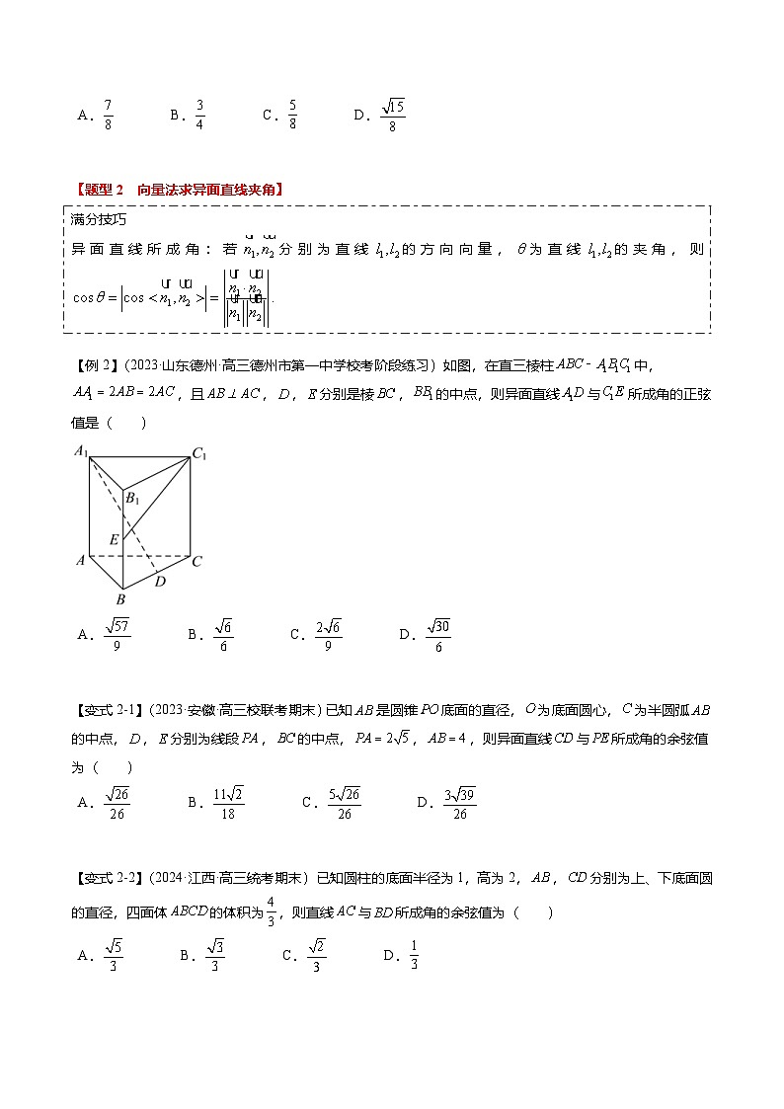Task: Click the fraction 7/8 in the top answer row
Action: tap(108, 115)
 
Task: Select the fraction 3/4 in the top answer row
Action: tap(199, 115)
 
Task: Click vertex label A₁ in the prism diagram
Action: tap(80, 452)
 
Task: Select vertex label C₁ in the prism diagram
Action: tap(199, 454)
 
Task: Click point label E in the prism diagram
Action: tap(114, 539)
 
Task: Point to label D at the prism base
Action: tap(160, 581)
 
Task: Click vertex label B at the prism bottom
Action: tap(121, 598)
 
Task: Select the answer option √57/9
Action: tap(117, 634)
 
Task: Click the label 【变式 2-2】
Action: tap(103, 876)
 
